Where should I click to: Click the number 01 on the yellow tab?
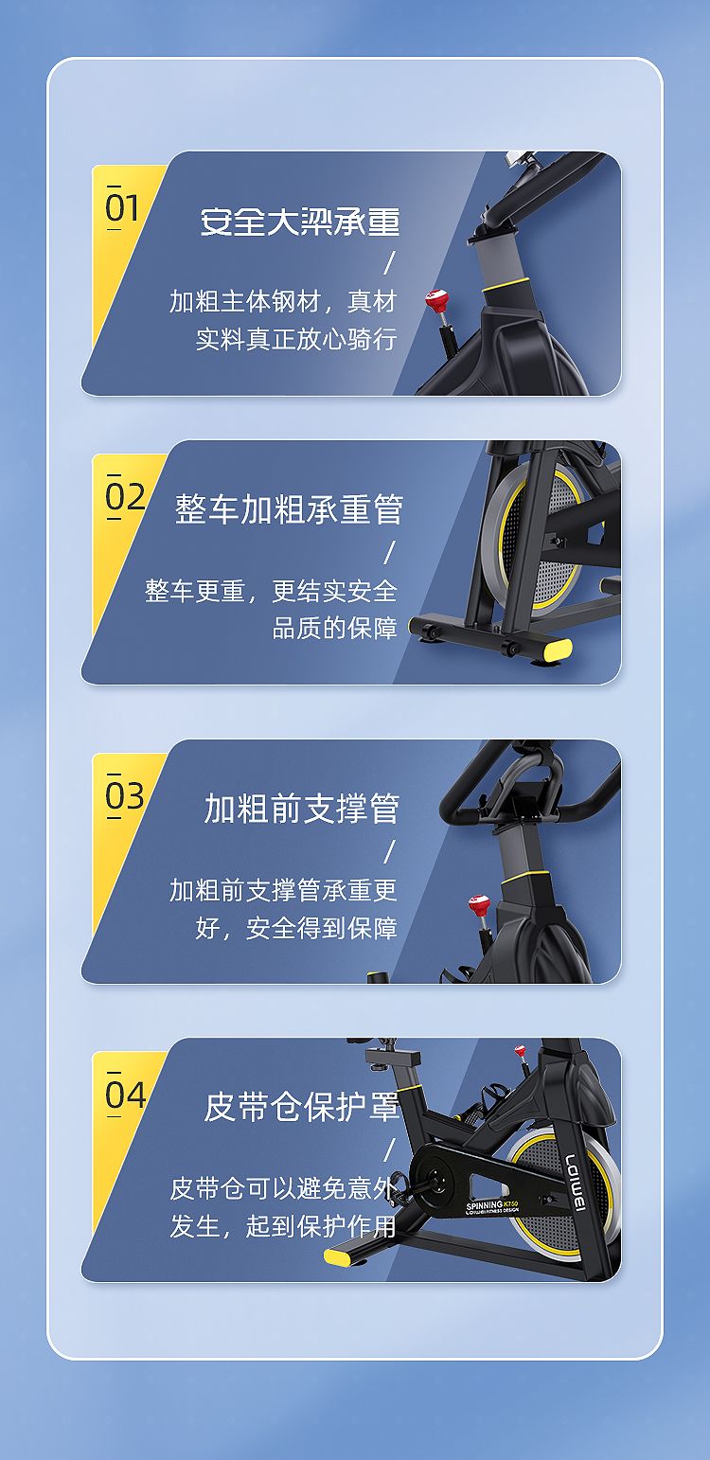pyautogui.click(x=122, y=208)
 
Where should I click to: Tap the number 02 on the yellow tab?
pyautogui.click(x=125, y=497)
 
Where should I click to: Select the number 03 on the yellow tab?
pyautogui.click(x=125, y=796)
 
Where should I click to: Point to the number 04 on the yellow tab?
pyautogui.click(x=125, y=1095)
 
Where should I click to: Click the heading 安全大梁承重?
pyautogui.click(x=299, y=221)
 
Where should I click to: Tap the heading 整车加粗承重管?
pyautogui.click(x=289, y=509)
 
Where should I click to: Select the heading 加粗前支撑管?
pyautogui.click(x=301, y=809)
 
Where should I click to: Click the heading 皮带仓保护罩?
pyautogui.click(x=301, y=1107)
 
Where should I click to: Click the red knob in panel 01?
pyautogui.click(x=436, y=300)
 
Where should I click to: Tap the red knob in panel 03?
pyautogui.click(x=479, y=904)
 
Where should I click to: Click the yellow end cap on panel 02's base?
pyautogui.click(x=558, y=650)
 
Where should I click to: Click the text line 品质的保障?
pyautogui.click(x=335, y=629)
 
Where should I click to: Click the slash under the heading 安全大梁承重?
pyautogui.click(x=390, y=263)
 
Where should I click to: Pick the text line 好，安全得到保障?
pyautogui.click(x=296, y=928)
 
